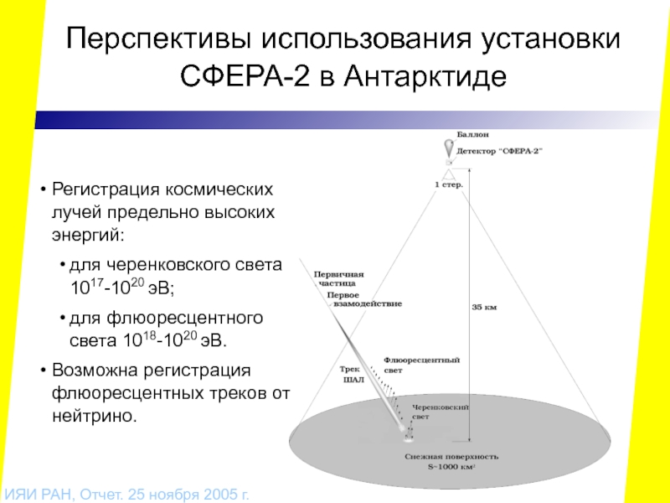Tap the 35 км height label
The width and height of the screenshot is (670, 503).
click(484, 308)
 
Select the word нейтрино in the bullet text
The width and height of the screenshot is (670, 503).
click(93, 415)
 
